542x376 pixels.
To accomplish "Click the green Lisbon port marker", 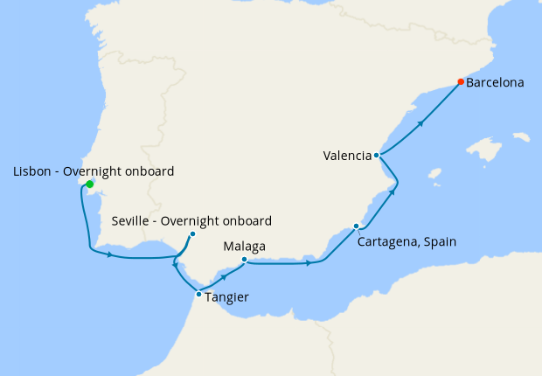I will coord(89,184).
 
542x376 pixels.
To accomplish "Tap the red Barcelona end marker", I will coord(461,82).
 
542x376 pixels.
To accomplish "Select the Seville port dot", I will coord(192,233).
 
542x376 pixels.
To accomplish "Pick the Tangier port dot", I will coord(199,294).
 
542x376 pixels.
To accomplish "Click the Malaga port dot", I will coord(245,259).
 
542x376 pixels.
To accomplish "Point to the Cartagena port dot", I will coord(356,226).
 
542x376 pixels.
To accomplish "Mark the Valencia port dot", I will coord(377,156).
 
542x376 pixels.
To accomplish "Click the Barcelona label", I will coord(495,83).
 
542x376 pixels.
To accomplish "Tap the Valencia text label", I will coord(346,157).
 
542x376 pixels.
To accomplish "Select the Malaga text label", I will coord(245,247).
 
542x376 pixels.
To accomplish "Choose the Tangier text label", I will coord(227,297).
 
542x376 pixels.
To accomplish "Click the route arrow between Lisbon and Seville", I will coord(110,254).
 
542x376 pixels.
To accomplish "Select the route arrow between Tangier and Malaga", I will coord(226,276).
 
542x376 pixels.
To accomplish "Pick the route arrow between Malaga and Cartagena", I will coord(309,262).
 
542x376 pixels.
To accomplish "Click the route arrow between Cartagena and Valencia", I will coord(390,192).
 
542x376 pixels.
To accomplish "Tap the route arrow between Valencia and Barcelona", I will coord(420,123).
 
